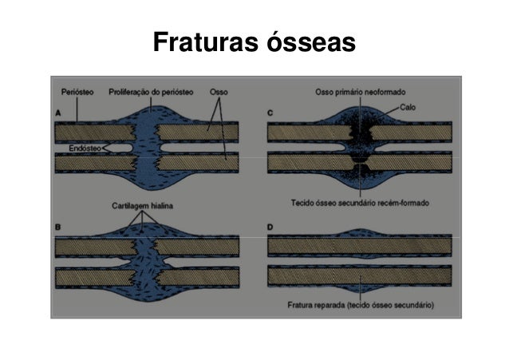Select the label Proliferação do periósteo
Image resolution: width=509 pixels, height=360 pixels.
pos(152,91)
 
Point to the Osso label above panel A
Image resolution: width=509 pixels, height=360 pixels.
pos(219,91)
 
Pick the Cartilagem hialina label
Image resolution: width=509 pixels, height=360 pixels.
pos(141,205)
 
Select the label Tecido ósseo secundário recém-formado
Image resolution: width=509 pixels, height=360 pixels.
pos(361,204)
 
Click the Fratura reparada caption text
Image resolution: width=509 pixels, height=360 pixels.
pos(361,305)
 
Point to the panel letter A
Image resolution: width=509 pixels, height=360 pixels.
pos(58,114)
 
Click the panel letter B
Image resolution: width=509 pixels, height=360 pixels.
pos(58,228)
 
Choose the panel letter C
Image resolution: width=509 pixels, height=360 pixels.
pos(271,114)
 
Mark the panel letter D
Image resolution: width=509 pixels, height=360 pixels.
pos(271,228)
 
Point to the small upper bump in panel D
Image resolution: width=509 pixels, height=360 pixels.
pos(361,233)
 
